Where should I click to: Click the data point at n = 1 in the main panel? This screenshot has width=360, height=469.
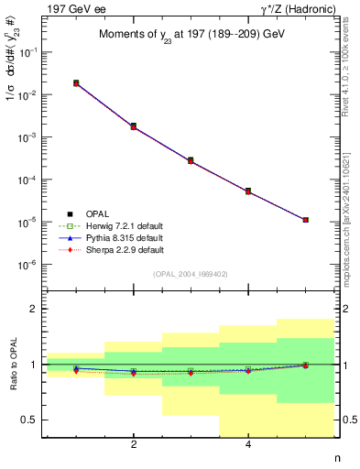click(76, 83)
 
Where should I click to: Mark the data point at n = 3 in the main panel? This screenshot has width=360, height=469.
click(191, 160)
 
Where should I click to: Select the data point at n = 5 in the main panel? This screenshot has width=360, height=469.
click(305, 220)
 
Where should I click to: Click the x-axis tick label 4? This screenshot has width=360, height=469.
click(248, 445)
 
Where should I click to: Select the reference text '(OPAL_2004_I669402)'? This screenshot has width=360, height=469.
click(191, 273)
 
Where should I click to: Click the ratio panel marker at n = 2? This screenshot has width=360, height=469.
click(134, 373)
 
